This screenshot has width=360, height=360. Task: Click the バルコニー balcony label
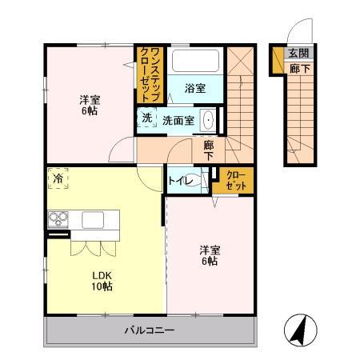(152, 330)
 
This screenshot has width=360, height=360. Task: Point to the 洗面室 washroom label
(178, 120)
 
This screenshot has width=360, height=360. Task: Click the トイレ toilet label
(178, 181)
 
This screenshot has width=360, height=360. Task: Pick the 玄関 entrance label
(298, 54)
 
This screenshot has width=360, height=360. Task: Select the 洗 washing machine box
(146, 118)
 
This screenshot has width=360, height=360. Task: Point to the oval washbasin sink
(209, 122)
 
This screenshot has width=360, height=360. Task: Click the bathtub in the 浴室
(195, 62)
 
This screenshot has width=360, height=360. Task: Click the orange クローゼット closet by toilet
(235, 180)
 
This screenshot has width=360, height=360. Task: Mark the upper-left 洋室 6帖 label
(89, 106)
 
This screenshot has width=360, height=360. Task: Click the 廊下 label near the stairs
(208, 150)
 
